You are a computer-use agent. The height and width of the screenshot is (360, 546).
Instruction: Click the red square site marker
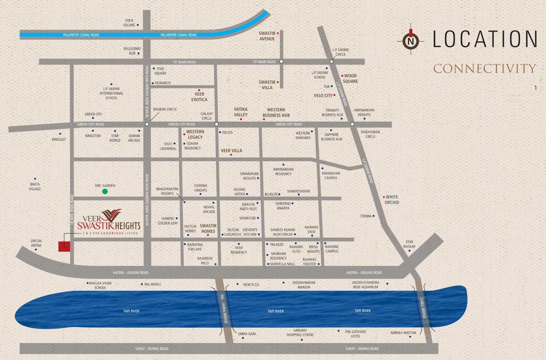(x=64, y=246)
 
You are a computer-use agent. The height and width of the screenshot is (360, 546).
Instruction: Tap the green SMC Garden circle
(x=105, y=192)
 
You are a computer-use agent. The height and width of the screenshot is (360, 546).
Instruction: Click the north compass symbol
(x=410, y=40)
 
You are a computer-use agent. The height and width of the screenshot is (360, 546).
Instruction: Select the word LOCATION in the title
(x=485, y=39)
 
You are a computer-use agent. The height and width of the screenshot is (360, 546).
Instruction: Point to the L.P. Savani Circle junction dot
(x=331, y=62)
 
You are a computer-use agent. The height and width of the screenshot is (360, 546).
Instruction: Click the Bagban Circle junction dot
(x=147, y=124)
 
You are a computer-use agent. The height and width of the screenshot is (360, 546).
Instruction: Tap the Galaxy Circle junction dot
(x=217, y=124)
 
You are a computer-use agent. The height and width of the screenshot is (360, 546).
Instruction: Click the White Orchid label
(x=392, y=200)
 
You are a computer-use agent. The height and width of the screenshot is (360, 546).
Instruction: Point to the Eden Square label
(x=129, y=23)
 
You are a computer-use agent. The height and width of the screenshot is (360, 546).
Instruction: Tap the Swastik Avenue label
(x=267, y=36)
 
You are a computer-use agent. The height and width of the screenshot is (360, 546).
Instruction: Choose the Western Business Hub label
(x=276, y=112)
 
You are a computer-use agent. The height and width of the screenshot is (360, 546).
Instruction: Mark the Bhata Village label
(x=35, y=186)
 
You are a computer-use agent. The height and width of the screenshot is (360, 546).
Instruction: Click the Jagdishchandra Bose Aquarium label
(x=365, y=285)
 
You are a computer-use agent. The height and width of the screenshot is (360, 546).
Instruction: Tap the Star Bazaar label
(x=409, y=244)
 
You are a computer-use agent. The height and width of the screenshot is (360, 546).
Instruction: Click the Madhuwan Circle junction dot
(x=352, y=124)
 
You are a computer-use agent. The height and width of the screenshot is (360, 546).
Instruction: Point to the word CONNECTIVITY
(x=485, y=69)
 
